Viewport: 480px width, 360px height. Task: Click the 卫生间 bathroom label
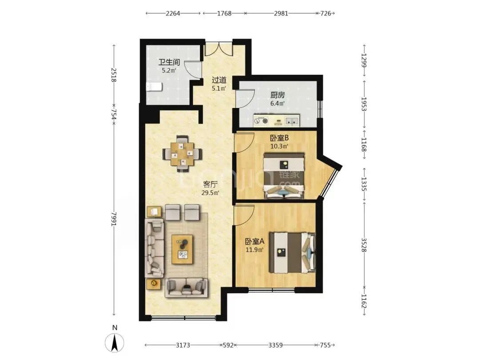click(x=169, y=62)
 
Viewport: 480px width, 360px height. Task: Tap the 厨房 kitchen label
click(x=277, y=95)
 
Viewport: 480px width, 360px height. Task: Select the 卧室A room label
click(x=255, y=241)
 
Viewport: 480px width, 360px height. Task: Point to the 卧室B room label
click(x=279, y=138)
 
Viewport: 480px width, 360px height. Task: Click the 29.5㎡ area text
click(x=210, y=192)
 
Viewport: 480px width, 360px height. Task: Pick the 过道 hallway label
click(x=219, y=80)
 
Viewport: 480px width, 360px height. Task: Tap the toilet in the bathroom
click(x=154, y=87)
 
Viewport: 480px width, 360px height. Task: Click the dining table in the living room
click(x=183, y=153)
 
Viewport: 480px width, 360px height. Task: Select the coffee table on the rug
click(x=183, y=249)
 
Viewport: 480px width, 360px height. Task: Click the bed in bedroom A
click(x=292, y=252)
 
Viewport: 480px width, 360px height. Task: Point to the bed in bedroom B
click(x=284, y=176)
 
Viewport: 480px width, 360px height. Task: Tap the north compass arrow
click(x=115, y=343)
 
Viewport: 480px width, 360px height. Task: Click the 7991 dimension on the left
click(x=114, y=219)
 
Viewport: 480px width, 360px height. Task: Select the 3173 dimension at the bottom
click(x=183, y=345)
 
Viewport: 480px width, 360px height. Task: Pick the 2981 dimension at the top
click(x=281, y=13)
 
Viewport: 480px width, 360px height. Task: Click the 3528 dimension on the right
click(x=364, y=245)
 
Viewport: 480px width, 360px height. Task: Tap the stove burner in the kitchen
click(x=261, y=121)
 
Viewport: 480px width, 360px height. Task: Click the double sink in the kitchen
click(x=292, y=120)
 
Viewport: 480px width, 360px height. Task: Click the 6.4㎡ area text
click(x=277, y=104)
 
